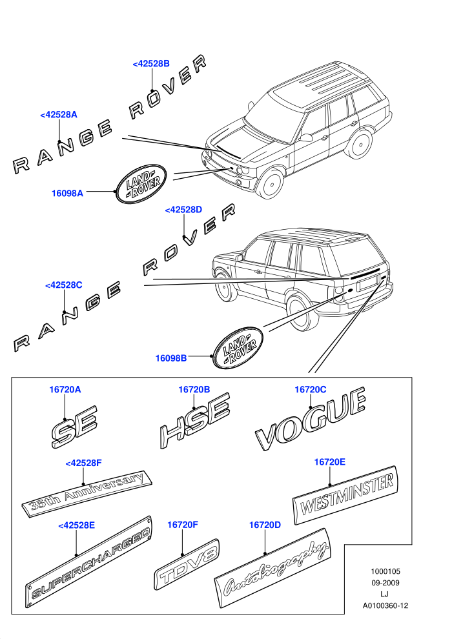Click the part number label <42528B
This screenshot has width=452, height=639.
point(151,63)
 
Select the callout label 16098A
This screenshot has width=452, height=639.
point(67,193)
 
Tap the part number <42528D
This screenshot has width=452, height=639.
point(183,210)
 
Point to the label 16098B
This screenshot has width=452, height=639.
point(171,358)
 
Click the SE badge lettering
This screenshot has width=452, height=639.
point(75,426)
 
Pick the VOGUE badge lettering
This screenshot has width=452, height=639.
point(311,420)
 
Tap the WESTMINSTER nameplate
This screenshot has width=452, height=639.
point(345,494)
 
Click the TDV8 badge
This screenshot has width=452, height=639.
point(187,564)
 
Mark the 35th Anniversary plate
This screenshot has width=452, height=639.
point(87,494)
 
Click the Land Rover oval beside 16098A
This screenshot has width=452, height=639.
point(141,184)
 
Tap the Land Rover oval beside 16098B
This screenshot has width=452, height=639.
point(238,348)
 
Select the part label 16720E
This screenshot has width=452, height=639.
point(330,462)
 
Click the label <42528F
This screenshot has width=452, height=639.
point(83,463)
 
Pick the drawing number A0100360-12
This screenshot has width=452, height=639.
point(385,605)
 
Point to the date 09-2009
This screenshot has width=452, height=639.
point(385,583)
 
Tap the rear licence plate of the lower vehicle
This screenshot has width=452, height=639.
point(368,283)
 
